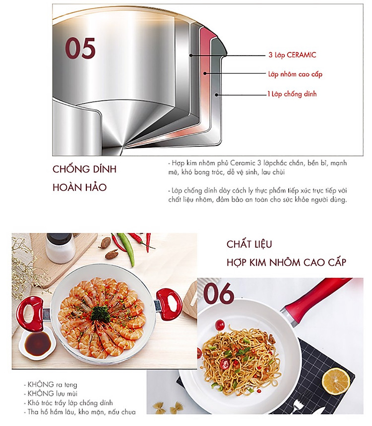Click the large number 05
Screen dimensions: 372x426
(x=80, y=48)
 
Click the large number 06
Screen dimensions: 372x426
(x=219, y=293)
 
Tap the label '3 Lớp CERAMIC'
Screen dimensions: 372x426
(x=292, y=55)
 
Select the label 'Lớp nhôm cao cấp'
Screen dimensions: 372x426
(x=295, y=74)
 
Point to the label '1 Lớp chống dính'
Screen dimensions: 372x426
(x=292, y=94)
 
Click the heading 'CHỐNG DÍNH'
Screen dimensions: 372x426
(x=84, y=169)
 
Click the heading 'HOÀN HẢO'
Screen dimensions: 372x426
(x=79, y=187)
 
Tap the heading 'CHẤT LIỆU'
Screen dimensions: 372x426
(x=249, y=244)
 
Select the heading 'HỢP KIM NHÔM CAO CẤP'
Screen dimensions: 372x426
(x=286, y=263)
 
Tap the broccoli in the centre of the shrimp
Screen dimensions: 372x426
(x=100, y=314)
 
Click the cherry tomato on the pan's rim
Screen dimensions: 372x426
(x=220, y=325)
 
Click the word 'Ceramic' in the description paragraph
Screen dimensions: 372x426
(x=243, y=163)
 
